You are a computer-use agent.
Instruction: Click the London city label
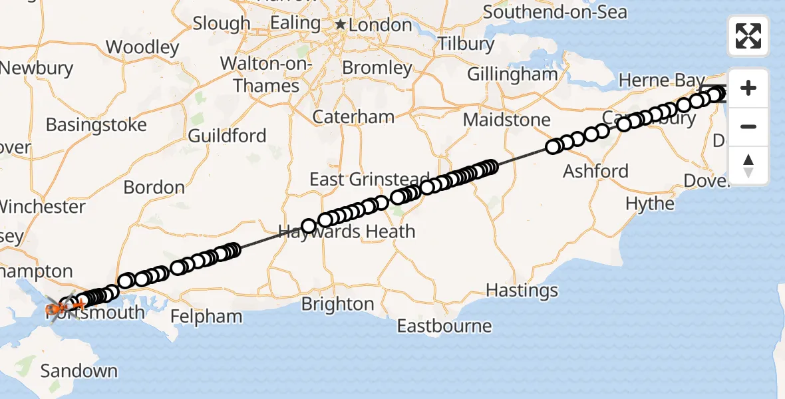pos(381,25)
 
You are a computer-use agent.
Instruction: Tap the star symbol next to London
pos(341,25)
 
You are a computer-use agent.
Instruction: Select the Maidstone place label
pos(507,120)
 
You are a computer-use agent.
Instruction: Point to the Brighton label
pos(337,304)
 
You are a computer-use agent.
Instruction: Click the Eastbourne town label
pos(444,326)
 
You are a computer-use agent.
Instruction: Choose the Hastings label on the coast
pos(522,291)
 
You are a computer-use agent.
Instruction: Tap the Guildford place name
pos(227,136)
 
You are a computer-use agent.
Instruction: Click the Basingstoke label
pos(96,125)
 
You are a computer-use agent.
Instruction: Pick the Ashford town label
pos(595,171)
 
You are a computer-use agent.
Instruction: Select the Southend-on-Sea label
pos(555,12)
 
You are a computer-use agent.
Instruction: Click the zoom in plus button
pos(748,88)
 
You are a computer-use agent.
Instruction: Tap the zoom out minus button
pos(748,126)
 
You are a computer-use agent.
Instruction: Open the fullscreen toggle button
pos(748,36)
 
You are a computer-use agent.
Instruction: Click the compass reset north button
pos(748,165)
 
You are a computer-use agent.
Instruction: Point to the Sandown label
pos(78,370)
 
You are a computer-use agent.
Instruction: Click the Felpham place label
pos(206,317)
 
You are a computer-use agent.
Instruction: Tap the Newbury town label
pos(37,68)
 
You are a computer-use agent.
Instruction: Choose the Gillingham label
pos(512,74)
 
